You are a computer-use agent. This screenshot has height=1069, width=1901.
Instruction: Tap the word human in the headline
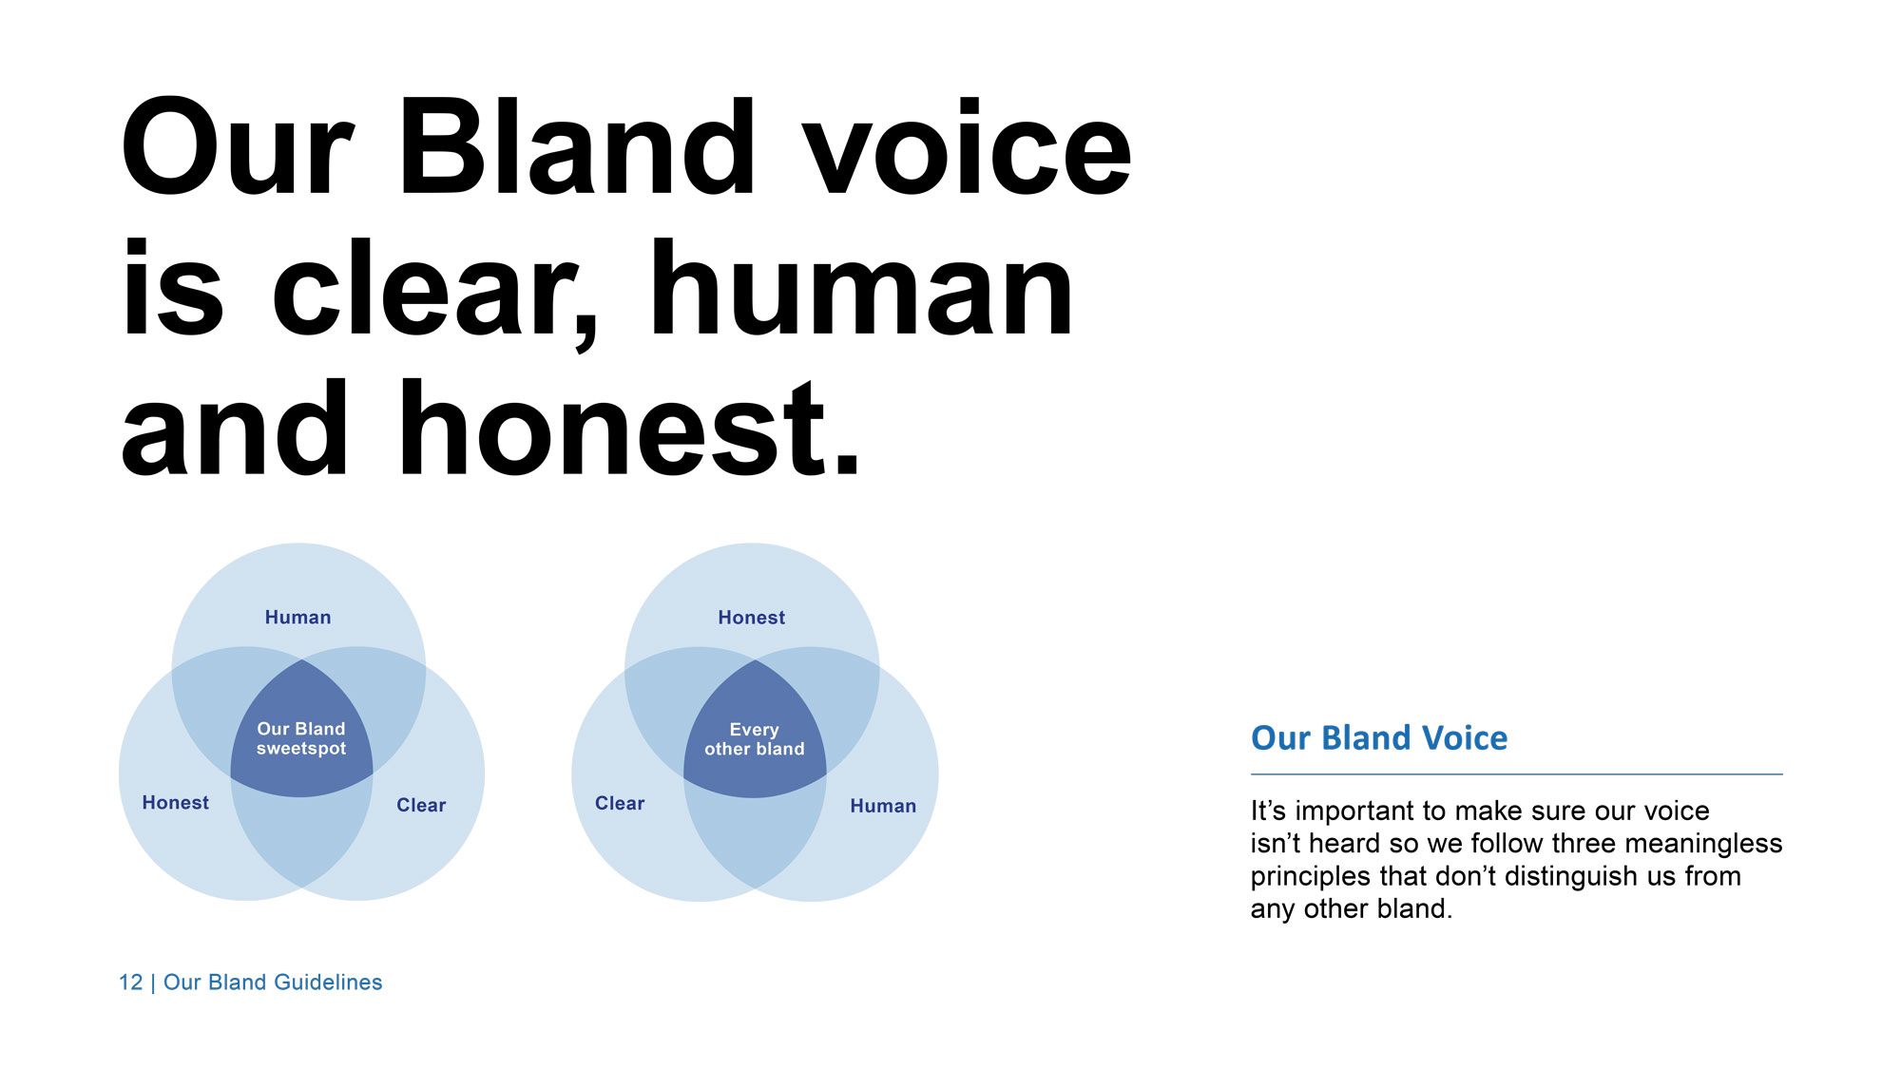pos(861,288)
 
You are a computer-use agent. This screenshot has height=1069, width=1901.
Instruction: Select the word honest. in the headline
pos(629,428)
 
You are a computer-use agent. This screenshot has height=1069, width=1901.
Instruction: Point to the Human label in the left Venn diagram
pos(298,618)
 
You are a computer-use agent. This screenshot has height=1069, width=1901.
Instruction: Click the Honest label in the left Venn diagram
pos(175,803)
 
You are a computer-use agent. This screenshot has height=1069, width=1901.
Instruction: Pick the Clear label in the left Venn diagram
pos(421,806)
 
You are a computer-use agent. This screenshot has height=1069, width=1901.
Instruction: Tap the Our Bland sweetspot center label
pos(301,738)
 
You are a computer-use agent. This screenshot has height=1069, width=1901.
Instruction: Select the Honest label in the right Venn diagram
pos(751,618)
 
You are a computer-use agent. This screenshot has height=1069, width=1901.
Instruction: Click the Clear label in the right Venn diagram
pos(620,804)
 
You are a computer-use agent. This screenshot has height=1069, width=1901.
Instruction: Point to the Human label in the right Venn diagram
pos(883,806)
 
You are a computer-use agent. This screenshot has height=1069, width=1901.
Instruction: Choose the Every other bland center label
pos(754,739)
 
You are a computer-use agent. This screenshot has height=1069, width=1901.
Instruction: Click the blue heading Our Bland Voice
pos(1379,738)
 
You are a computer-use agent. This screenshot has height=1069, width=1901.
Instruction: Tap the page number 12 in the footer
pos(130,983)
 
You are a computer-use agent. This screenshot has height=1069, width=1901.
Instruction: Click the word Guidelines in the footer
pos(328,983)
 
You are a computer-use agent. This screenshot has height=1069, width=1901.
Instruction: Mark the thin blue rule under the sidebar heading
pos(1517,774)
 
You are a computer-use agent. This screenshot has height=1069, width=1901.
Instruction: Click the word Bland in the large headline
pos(577,148)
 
